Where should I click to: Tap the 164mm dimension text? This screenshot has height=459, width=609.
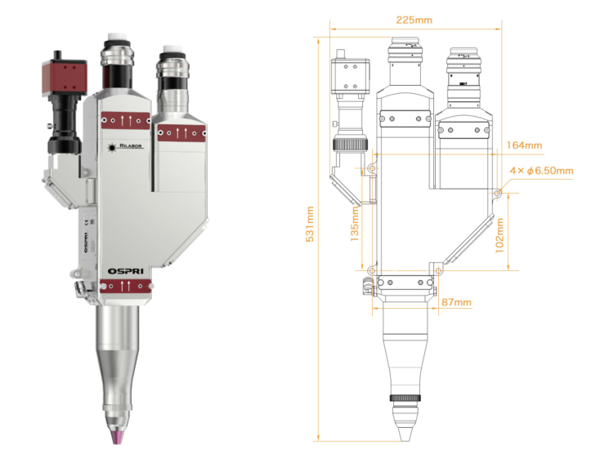524,145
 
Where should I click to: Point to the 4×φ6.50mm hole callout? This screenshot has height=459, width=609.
541,171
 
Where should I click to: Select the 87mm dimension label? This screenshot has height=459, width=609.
455,302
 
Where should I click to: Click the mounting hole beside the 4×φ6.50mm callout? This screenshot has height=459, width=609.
498,193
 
